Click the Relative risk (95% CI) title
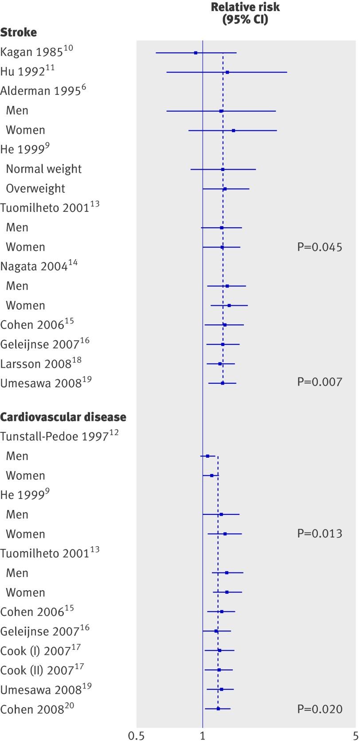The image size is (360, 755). click(x=245, y=13)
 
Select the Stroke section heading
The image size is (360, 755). click(x=19, y=32)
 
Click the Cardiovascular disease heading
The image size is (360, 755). click(x=63, y=417)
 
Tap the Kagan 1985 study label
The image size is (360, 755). click(x=36, y=52)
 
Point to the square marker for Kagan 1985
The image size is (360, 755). click(x=196, y=53)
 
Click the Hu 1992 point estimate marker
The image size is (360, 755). click(x=227, y=72)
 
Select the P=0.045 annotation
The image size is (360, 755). click(x=319, y=247)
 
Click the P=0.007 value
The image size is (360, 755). click(x=319, y=381)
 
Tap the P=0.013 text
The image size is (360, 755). click(x=319, y=533)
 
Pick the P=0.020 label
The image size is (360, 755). click(x=319, y=709)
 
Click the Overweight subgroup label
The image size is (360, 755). click(x=35, y=188)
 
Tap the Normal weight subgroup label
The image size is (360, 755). click(x=43, y=169)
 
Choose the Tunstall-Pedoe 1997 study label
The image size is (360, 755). click(x=54, y=436)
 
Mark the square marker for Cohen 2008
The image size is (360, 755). click(x=218, y=708)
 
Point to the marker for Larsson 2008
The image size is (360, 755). click(x=220, y=364)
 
